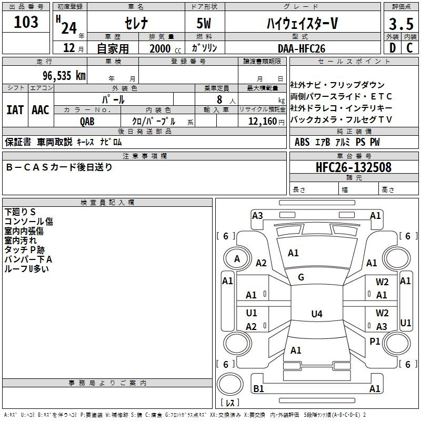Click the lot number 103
[26, 22]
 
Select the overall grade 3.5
[401, 24]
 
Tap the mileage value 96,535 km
[64, 76]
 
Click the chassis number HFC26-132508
[354, 167]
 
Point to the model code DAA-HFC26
[302, 48]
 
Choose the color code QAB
[87, 122]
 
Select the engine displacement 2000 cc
[165, 48]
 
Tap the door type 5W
[204, 23]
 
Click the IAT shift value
[15, 110]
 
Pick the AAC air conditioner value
[41, 110]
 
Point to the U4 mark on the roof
[317, 314]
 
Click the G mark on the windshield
[301, 277]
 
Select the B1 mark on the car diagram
[258, 388]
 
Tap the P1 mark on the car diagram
[375, 341]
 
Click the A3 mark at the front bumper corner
[257, 216]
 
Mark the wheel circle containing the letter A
[237, 259]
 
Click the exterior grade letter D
[393, 48]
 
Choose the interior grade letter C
[409, 48]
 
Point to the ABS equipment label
[302, 142]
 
